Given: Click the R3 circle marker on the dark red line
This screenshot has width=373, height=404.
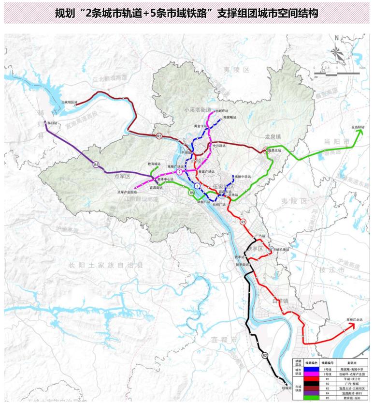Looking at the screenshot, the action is [x=159, y=135].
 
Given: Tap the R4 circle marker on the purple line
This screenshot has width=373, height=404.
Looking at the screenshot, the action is [x=96, y=165].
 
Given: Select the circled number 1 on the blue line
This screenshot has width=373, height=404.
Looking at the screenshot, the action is [x=197, y=186].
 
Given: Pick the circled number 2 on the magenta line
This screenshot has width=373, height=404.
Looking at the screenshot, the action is [x=179, y=172].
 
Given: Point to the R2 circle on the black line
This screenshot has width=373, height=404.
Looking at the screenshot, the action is [x=264, y=356].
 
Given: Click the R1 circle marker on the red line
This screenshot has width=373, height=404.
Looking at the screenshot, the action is [x=243, y=222].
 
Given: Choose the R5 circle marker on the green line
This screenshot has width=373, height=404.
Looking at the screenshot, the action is [x=192, y=193].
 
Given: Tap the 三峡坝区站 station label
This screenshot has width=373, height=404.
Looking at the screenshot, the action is [x=70, y=102].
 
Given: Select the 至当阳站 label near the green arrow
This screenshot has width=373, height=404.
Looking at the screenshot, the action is [x=358, y=127].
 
